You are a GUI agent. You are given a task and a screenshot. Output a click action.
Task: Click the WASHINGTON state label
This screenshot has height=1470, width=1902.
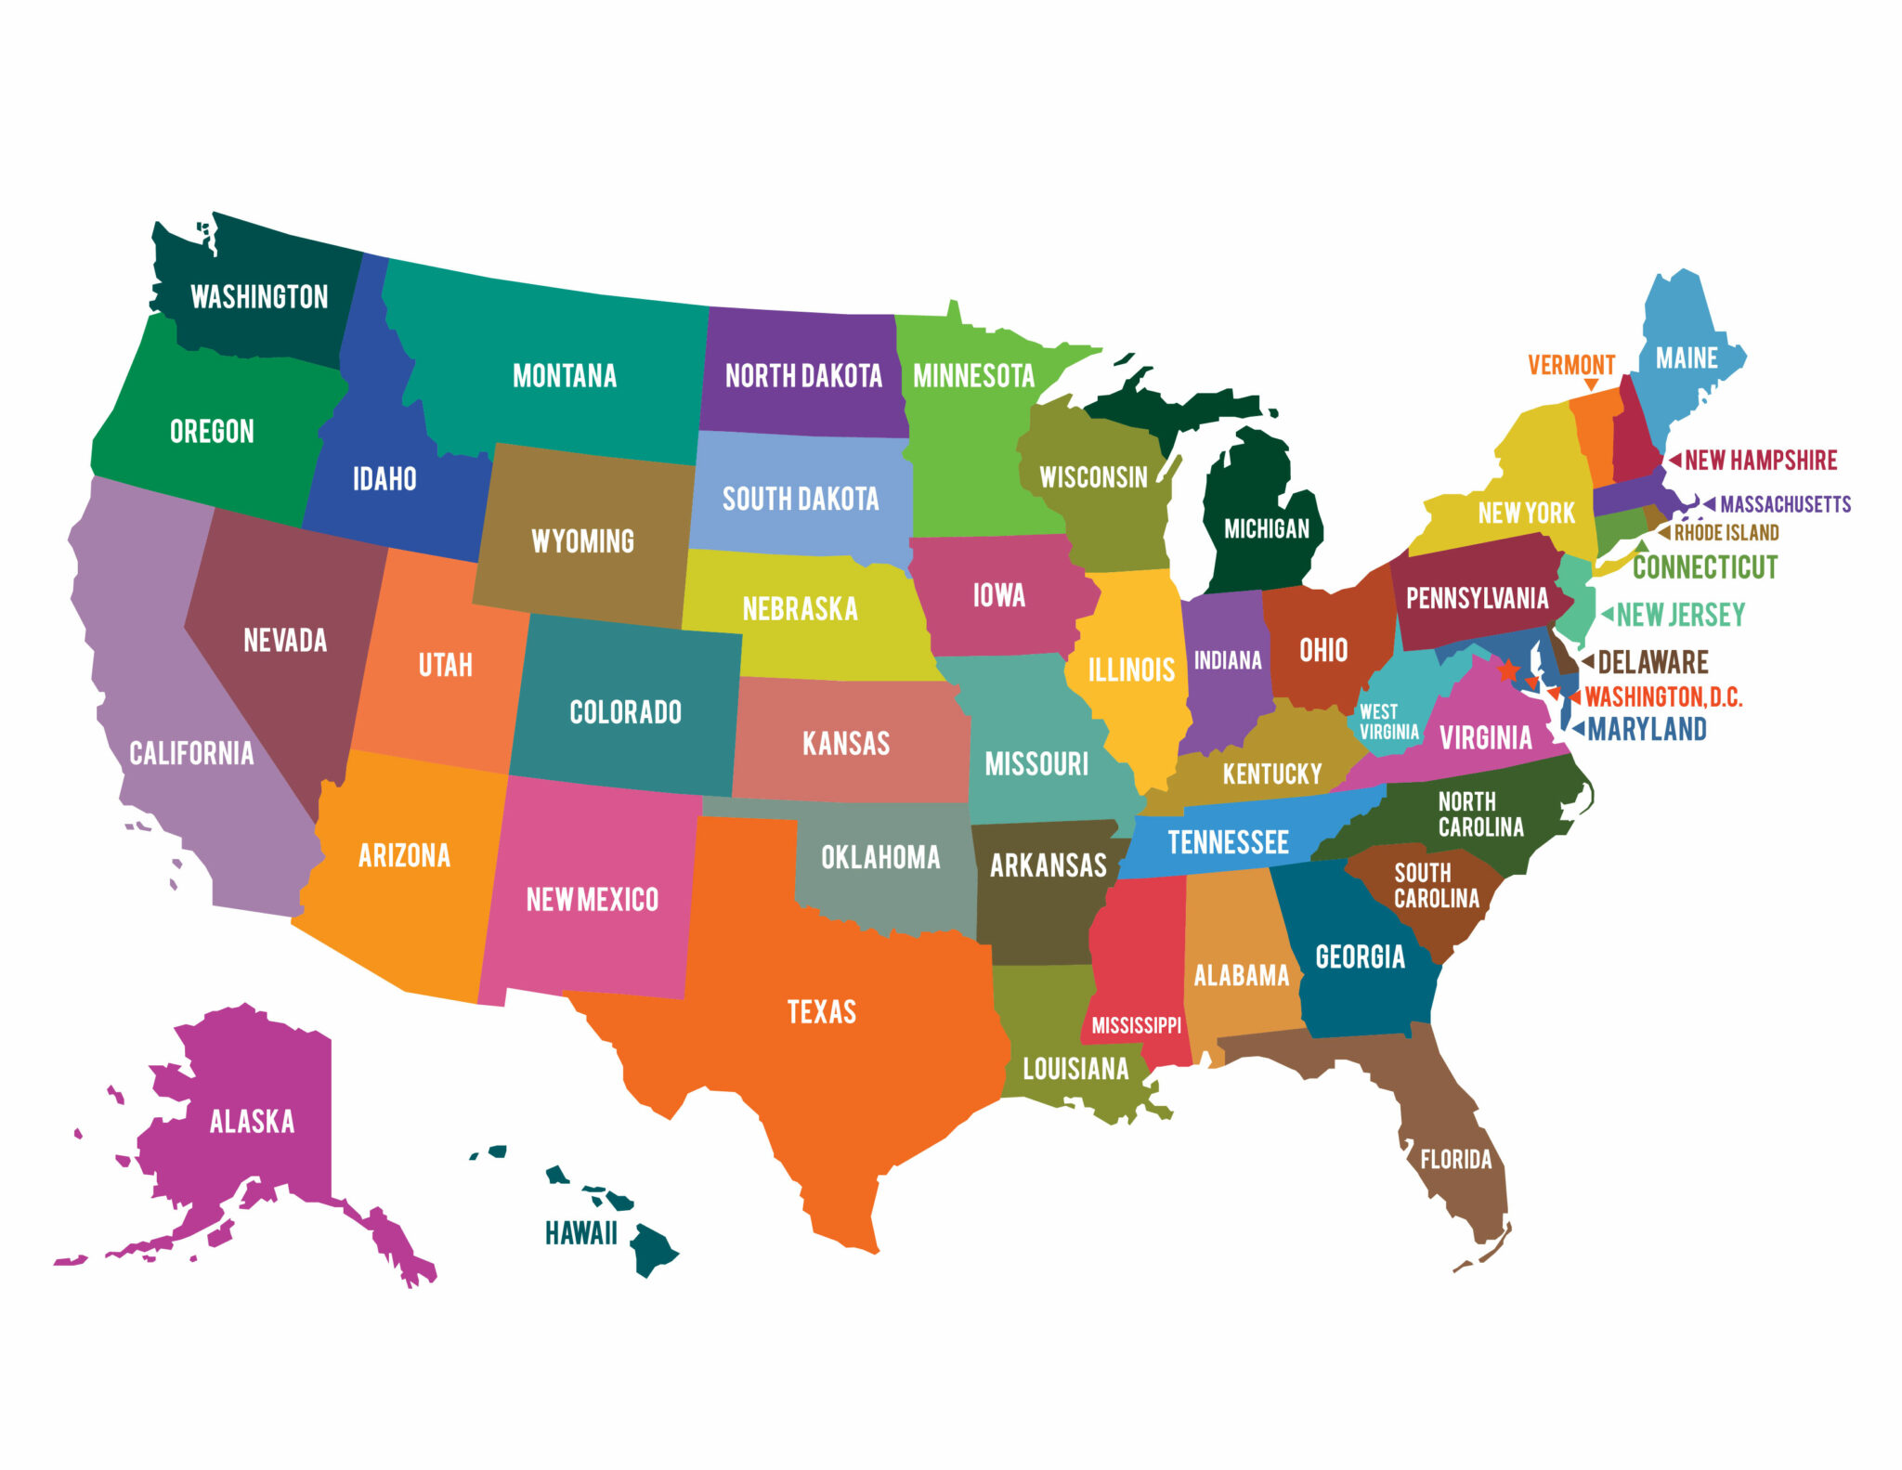tap(259, 297)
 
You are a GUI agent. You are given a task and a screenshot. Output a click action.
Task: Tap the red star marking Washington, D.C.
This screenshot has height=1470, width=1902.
tap(1509, 670)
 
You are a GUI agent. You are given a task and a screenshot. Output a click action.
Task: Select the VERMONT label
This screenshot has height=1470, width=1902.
tap(1571, 365)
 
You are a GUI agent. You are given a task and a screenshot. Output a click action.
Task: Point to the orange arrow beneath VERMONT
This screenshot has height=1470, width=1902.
tap(1591, 384)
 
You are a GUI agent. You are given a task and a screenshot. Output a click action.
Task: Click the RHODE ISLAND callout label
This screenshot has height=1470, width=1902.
tap(1726, 533)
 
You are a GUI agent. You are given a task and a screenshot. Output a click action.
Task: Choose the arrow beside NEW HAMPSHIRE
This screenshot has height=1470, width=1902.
tap(1674, 460)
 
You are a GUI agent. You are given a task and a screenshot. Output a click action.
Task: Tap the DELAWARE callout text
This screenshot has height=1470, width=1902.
tap(1653, 662)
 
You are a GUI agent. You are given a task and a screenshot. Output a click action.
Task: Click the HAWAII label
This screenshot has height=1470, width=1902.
tap(581, 1233)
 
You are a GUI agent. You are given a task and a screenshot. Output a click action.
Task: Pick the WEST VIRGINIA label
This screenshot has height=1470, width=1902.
tap(1388, 722)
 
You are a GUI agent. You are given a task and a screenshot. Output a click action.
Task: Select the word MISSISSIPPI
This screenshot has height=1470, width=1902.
tap(1137, 1026)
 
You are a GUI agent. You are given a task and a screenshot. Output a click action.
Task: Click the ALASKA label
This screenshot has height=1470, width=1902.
tap(252, 1122)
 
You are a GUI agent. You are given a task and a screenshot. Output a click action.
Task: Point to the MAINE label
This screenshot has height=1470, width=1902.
tap(1687, 358)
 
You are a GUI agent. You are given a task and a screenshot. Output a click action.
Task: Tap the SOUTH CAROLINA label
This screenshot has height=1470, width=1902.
tap(1436, 886)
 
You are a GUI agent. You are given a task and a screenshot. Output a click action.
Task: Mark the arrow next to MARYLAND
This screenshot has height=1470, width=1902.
tap(1578, 729)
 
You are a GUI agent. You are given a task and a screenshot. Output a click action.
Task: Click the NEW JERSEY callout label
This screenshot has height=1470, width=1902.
tap(1681, 615)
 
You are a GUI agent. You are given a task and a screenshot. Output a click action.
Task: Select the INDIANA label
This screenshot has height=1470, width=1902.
tap(1228, 660)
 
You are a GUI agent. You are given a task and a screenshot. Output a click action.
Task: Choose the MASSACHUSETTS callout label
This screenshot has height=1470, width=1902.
tap(1785, 504)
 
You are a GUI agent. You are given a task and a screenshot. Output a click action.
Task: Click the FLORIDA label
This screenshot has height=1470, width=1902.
tap(1455, 1160)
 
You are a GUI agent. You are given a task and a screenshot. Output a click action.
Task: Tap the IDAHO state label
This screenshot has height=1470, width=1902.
tap(384, 479)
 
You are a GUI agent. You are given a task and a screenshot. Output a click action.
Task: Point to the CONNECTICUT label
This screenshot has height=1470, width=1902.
tap(1705, 567)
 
